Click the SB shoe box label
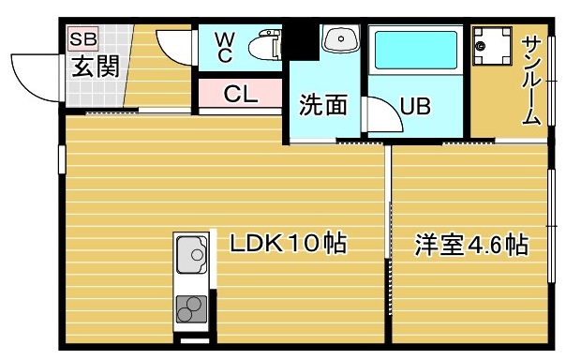click(x=82, y=39)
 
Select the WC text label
click(x=225, y=47)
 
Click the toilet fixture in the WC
click(x=266, y=45)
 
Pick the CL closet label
click(x=239, y=94)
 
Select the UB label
click(x=416, y=106)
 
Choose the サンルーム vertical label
click(x=531, y=80)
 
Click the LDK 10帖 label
click(x=288, y=244)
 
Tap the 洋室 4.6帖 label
click(x=471, y=246)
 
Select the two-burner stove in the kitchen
click(x=191, y=307)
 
